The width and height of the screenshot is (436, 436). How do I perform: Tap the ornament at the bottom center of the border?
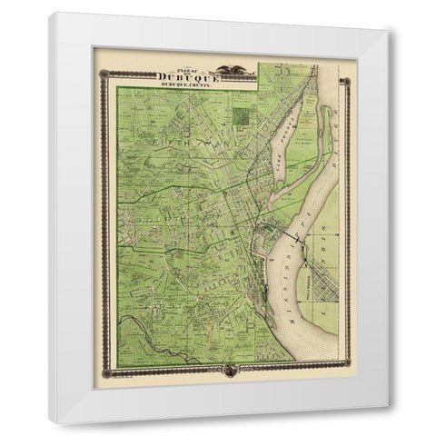[228, 370]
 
